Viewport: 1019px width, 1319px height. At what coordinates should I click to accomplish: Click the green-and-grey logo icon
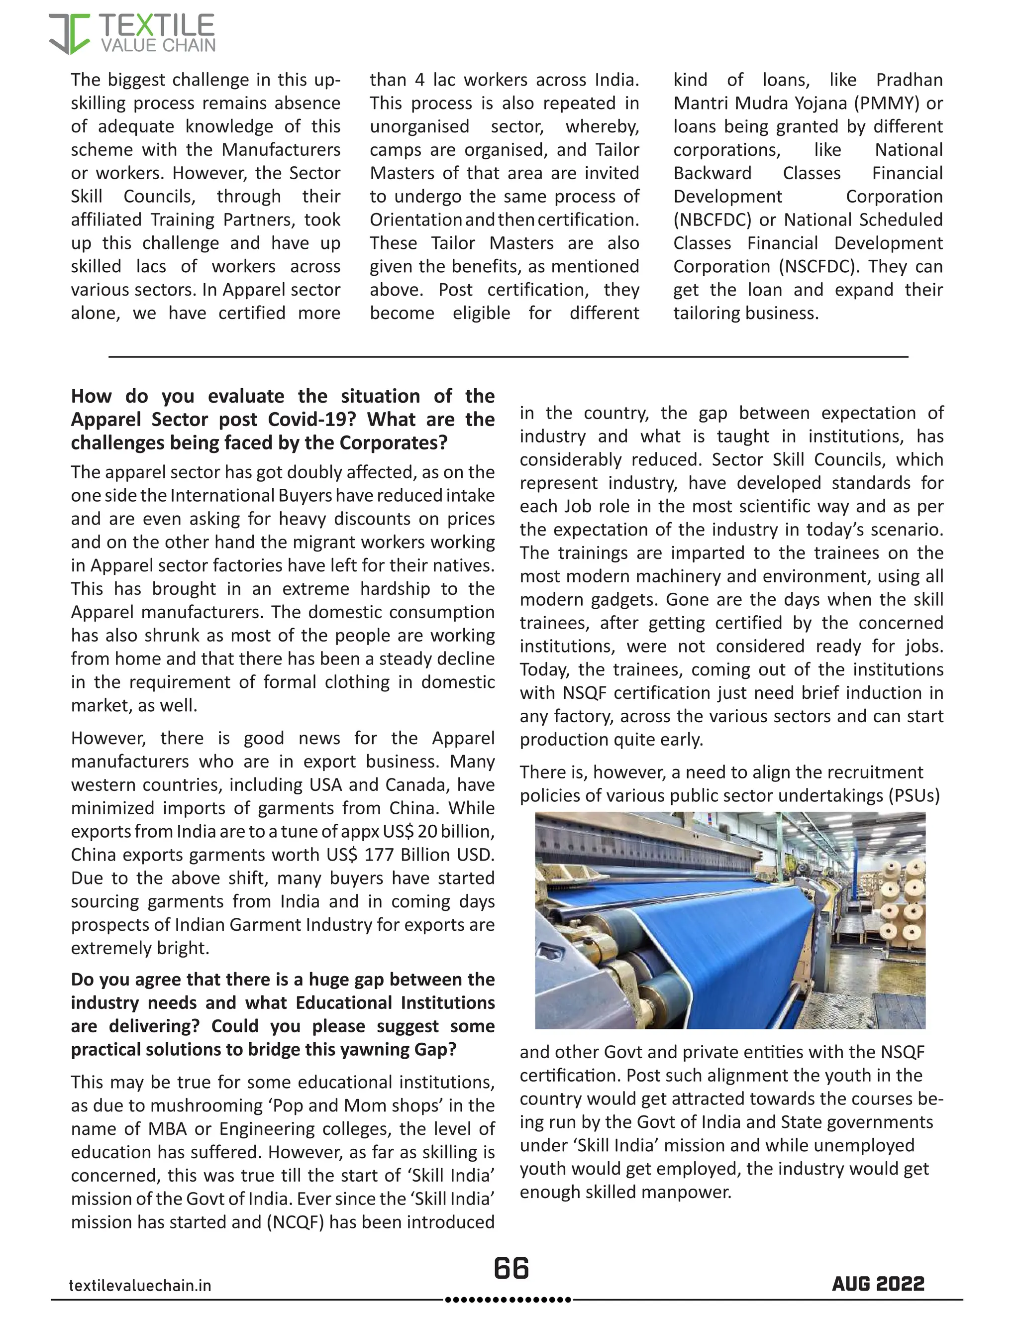coord(69,34)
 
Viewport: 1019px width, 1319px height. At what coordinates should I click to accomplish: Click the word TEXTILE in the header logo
coord(156,25)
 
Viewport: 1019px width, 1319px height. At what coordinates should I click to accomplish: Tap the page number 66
coord(510,1268)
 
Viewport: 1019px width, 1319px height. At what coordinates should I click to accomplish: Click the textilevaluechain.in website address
coord(140,1285)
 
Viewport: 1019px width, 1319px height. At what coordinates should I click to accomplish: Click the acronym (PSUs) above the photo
coord(914,795)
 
